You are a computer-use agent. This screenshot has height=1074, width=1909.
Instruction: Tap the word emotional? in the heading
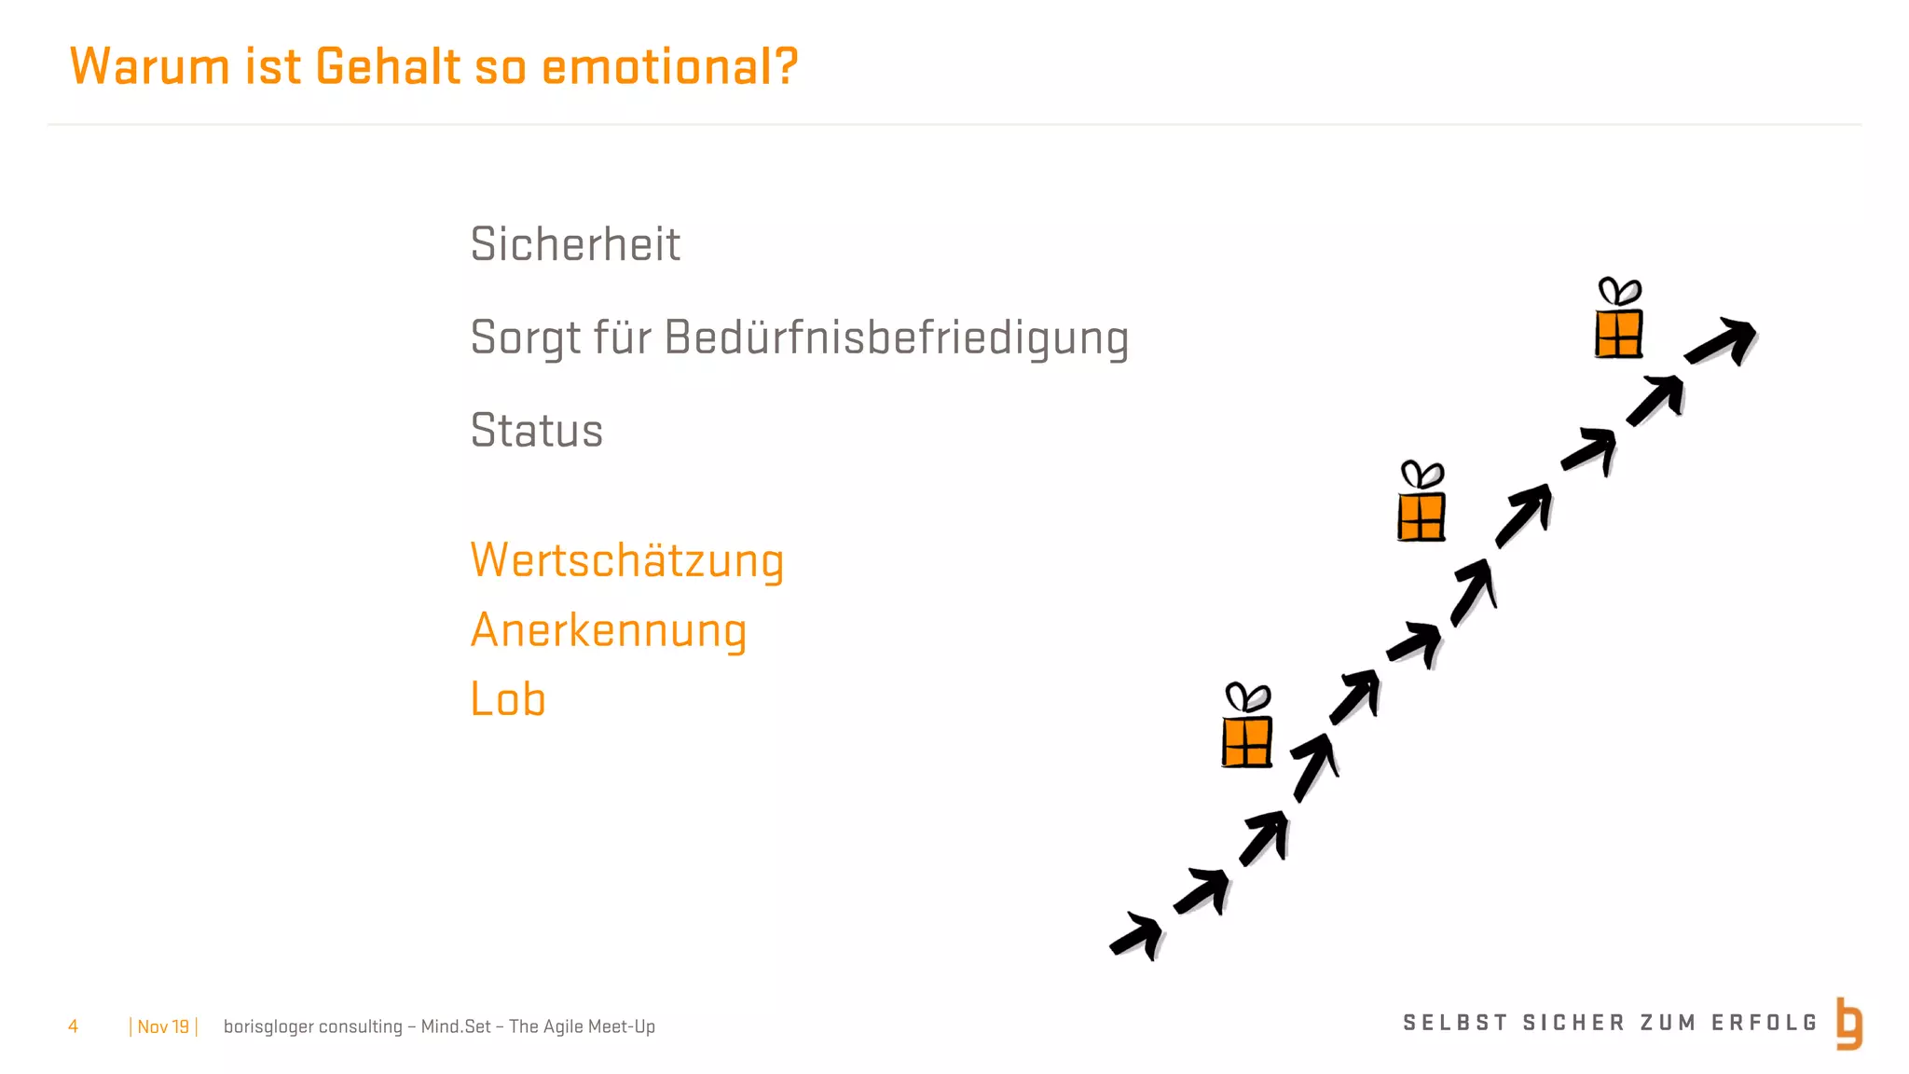[669, 67]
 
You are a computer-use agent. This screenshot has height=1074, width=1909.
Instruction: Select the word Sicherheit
[575, 244]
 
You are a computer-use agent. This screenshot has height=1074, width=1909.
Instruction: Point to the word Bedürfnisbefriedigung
[896, 337]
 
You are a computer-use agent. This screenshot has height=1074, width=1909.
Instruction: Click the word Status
[537, 431]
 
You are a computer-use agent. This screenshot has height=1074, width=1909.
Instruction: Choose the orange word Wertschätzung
[626, 561]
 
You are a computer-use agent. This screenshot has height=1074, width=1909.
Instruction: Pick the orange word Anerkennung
[609, 630]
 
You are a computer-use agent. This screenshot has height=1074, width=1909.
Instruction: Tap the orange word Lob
[508, 699]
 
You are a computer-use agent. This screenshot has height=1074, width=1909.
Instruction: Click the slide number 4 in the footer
[73, 1026]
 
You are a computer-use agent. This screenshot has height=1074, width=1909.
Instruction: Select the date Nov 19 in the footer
[163, 1026]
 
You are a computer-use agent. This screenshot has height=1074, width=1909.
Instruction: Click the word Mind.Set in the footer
[455, 1026]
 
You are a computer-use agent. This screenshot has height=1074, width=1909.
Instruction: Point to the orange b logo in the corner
[1849, 1024]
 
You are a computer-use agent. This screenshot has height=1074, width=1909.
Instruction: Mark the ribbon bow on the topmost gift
[1619, 292]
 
